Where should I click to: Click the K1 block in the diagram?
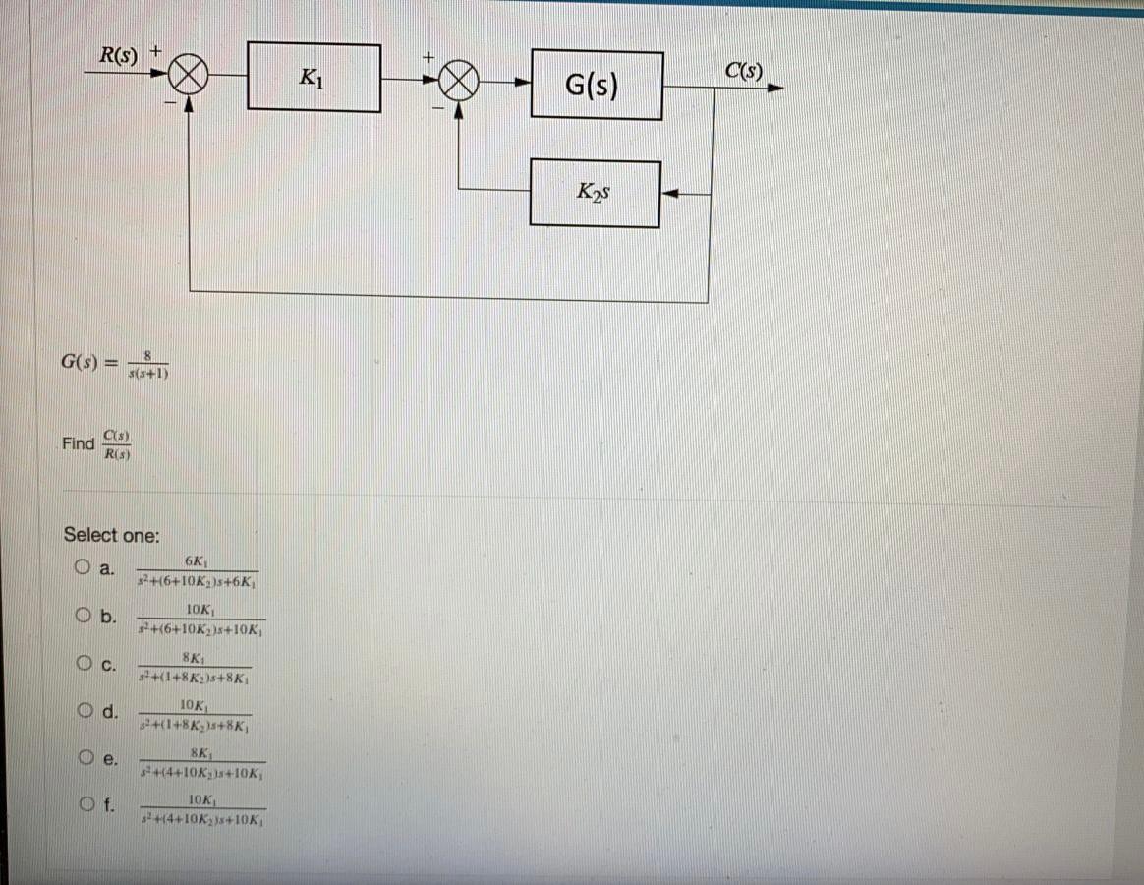[314, 77]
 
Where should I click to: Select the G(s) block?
[596, 86]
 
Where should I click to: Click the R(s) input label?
[119, 53]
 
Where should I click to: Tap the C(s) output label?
[743, 71]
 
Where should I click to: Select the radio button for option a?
[83, 567]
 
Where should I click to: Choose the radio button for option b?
[83, 616]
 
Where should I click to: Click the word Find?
[78, 443]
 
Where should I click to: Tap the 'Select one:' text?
[111, 535]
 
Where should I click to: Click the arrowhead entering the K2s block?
[668, 195]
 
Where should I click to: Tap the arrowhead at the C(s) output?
[776, 88]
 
